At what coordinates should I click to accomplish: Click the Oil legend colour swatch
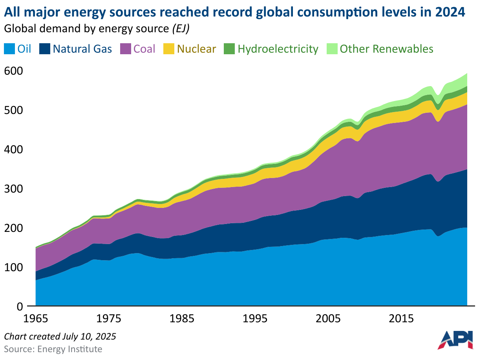pyautogui.click(x=9, y=49)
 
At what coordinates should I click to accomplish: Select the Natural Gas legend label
pyautogui.click(x=82, y=49)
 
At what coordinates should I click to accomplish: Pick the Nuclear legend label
pyautogui.click(x=196, y=49)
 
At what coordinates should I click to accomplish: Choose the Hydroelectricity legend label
pyautogui.click(x=278, y=49)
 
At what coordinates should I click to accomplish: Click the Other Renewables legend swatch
pyautogui.click(x=332, y=49)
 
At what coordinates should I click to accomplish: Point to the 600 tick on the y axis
pyautogui.click(x=14, y=71)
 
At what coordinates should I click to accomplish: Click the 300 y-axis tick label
pyautogui.click(x=14, y=189)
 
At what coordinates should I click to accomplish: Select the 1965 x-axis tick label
pyautogui.click(x=36, y=318)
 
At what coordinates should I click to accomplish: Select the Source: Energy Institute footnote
pyautogui.click(x=53, y=349)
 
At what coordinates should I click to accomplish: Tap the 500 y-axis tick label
pyautogui.click(x=14, y=110)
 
